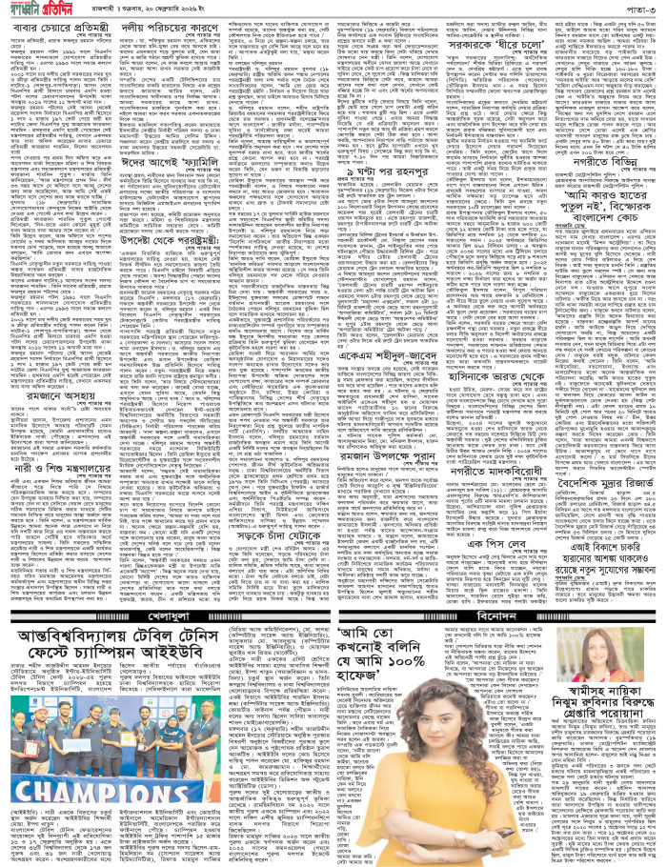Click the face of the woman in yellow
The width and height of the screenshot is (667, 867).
coord(435,701)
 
